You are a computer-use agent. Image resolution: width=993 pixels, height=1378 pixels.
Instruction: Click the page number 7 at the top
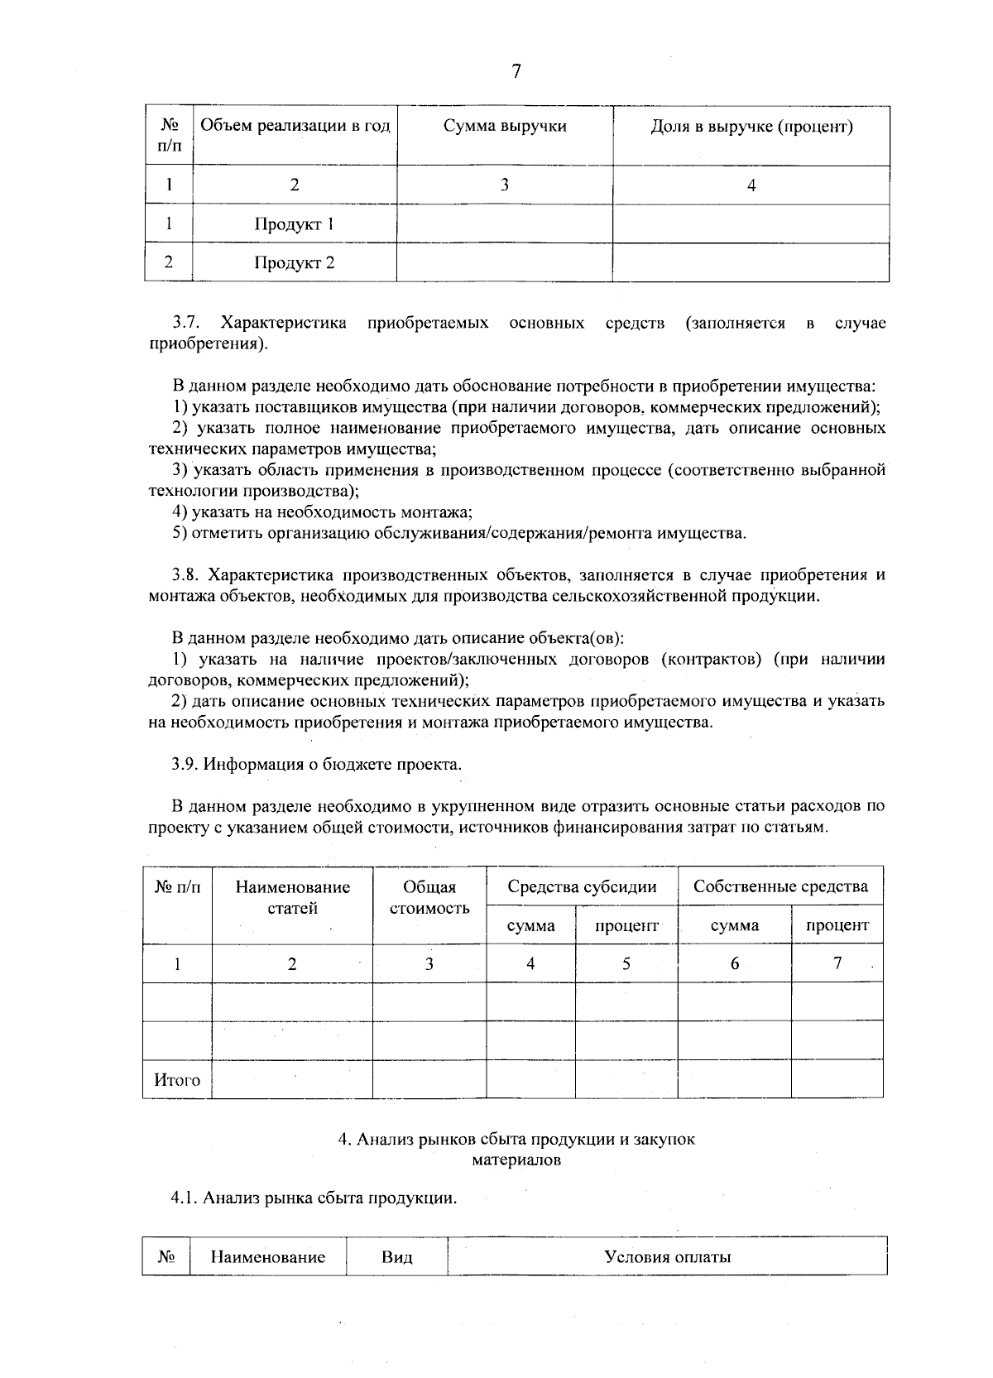tap(516, 72)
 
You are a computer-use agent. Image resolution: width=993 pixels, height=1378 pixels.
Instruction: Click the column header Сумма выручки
tap(505, 127)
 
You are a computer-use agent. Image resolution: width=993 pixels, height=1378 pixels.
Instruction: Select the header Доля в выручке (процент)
tap(751, 127)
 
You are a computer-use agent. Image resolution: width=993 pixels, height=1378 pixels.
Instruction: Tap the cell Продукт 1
tap(294, 224)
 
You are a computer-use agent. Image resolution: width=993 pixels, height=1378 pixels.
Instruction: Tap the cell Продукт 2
tap(294, 263)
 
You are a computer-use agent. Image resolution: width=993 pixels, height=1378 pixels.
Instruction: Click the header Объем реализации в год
tap(295, 127)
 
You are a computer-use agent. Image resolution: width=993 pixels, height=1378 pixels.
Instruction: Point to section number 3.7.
tap(187, 323)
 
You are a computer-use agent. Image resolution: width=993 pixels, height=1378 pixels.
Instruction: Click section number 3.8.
tap(187, 575)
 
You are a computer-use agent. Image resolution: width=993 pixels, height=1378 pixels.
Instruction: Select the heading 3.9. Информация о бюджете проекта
tap(317, 764)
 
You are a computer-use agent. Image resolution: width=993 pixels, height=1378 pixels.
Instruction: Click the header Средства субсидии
tap(582, 887)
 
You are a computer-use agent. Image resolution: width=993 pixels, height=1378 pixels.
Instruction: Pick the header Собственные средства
tap(780, 887)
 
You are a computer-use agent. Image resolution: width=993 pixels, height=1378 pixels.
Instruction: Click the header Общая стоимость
tap(429, 898)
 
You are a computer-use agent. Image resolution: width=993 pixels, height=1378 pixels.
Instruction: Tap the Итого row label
tap(177, 1080)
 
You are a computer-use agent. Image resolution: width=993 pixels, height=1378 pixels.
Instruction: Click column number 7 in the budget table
tap(837, 963)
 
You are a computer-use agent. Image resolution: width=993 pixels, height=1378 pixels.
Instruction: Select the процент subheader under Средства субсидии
tap(626, 926)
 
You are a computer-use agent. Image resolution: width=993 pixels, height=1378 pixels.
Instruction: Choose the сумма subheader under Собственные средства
tap(734, 926)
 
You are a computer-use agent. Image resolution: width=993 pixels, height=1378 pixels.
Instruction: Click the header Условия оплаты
tap(667, 1258)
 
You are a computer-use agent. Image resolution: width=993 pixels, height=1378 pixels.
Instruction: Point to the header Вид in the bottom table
tap(396, 1258)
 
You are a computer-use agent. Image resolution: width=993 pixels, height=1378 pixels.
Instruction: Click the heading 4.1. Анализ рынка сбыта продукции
tap(314, 1198)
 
